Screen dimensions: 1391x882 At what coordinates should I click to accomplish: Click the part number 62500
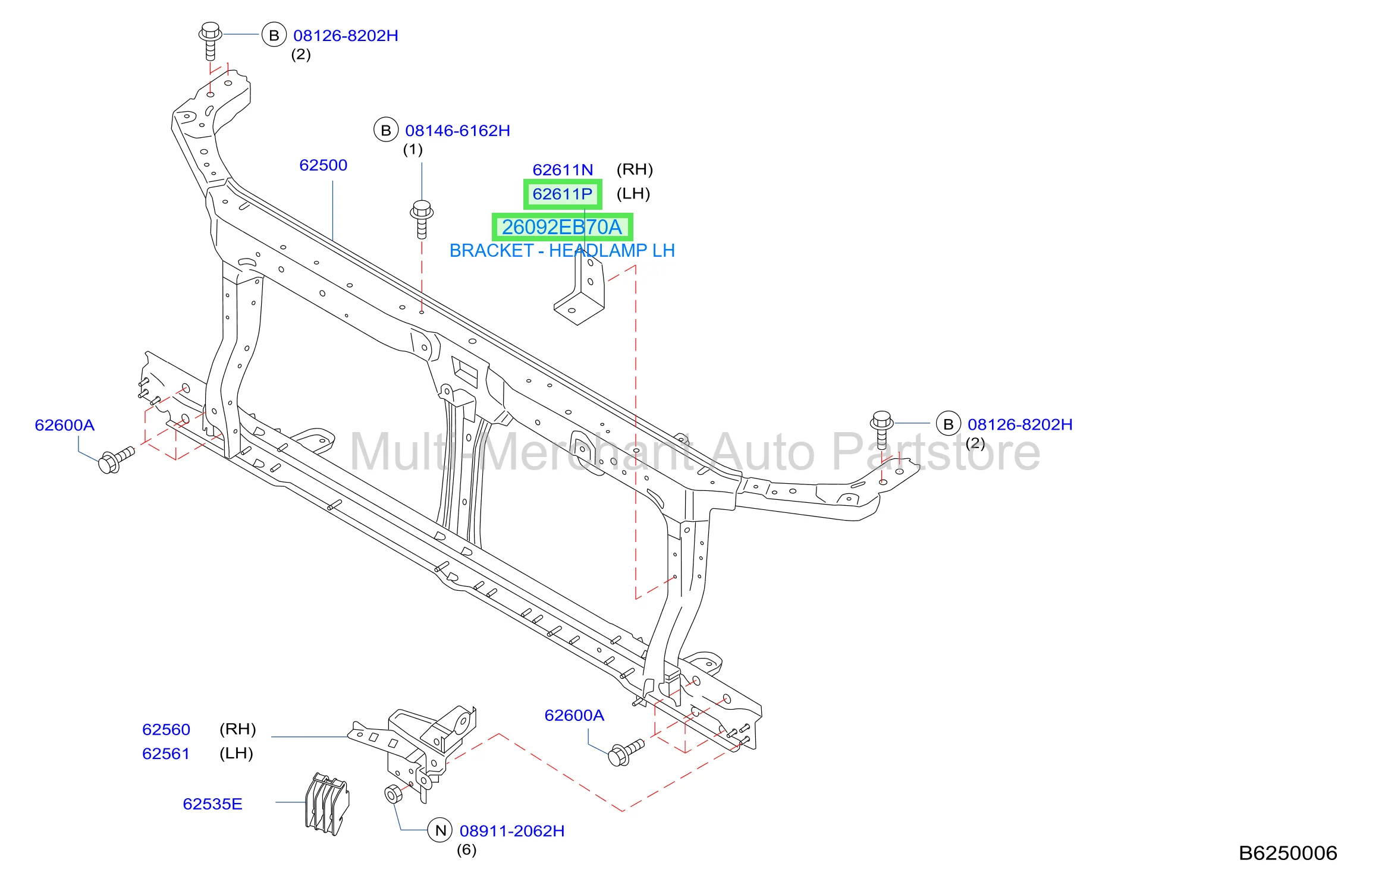click(x=323, y=165)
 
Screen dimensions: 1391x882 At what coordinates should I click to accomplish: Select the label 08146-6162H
click(x=457, y=131)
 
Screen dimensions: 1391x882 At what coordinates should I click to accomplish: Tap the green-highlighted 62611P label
click(x=563, y=194)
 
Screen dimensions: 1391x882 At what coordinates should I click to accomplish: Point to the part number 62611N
click(x=563, y=170)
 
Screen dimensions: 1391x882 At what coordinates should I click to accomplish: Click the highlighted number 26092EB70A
click(x=562, y=227)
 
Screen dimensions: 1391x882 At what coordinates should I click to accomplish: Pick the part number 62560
click(x=166, y=729)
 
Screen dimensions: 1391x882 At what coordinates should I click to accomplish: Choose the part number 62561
click(x=166, y=754)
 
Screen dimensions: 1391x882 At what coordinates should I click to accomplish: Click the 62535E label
click(x=212, y=804)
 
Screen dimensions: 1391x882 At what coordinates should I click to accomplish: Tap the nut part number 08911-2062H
click(x=512, y=831)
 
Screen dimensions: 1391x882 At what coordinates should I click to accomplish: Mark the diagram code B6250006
click(x=1288, y=853)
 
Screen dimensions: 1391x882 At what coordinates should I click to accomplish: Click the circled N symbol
click(x=440, y=830)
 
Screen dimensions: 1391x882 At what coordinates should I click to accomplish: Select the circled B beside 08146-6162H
click(x=386, y=130)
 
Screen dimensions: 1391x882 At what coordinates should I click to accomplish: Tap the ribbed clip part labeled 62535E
click(x=327, y=804)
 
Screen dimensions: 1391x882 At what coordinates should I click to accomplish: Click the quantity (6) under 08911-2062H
click(x=466, y=850)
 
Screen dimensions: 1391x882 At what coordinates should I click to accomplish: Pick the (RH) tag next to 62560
click(x=237, y=729)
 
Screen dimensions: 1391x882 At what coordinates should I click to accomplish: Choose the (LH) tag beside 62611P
click(x=633, y=194)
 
